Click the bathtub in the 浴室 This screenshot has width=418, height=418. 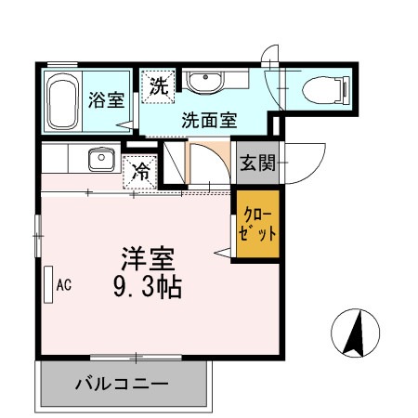(x=63, y=101)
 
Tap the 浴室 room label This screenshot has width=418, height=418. (x=105, y=100)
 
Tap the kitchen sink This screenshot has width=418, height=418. (x=98, y=160)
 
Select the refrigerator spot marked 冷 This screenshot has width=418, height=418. (x=140, y=171)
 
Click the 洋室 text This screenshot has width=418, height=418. (x=147, y=256)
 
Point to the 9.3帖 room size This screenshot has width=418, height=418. (x=147, y=286)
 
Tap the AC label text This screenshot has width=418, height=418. (x=64, y=285)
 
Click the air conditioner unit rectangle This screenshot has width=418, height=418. (x=48, y=284)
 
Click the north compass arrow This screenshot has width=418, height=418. (x=355, y=333)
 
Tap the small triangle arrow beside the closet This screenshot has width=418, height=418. (x=223, y=251)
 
